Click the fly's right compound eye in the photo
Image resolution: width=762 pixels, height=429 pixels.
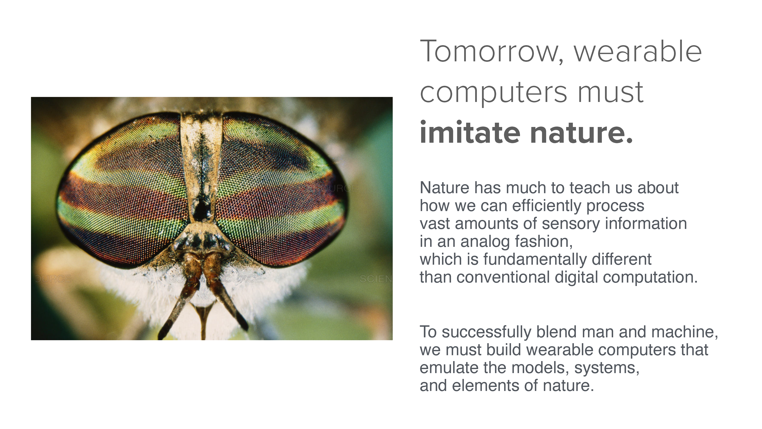281,189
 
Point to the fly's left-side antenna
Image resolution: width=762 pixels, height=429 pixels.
180,296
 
